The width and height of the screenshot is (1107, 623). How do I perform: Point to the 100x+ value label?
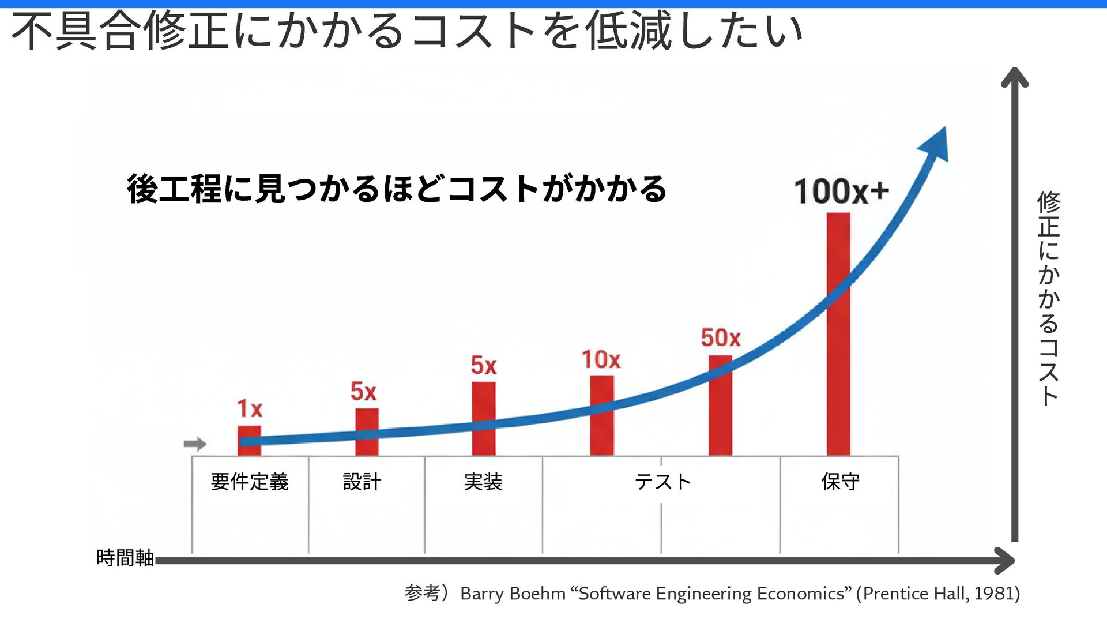[x=841, y=192]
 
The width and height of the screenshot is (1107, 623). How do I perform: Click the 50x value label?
[x=720, y=338]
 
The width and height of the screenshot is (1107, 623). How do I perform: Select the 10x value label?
[x=601, y=360]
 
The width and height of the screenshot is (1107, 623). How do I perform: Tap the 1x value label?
[x=250, y=409]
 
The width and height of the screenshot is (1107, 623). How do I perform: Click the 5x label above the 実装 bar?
[x=483, y=366]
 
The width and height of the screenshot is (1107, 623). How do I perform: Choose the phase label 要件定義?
[x=249, y=482]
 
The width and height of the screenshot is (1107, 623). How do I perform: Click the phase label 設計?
[x=362, y=482]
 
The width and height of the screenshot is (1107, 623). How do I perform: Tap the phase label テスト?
[x=662, y=482]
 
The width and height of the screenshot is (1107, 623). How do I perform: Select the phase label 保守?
[x=840, y=482]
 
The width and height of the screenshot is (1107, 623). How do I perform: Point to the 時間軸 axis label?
[x=125, y=558]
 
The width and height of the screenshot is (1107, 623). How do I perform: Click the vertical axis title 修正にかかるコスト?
[x=1049, y=298]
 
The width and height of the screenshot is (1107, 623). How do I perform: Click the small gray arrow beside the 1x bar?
[x=195, y=444]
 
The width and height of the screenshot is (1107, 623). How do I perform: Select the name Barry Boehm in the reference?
[x=513, y=594]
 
